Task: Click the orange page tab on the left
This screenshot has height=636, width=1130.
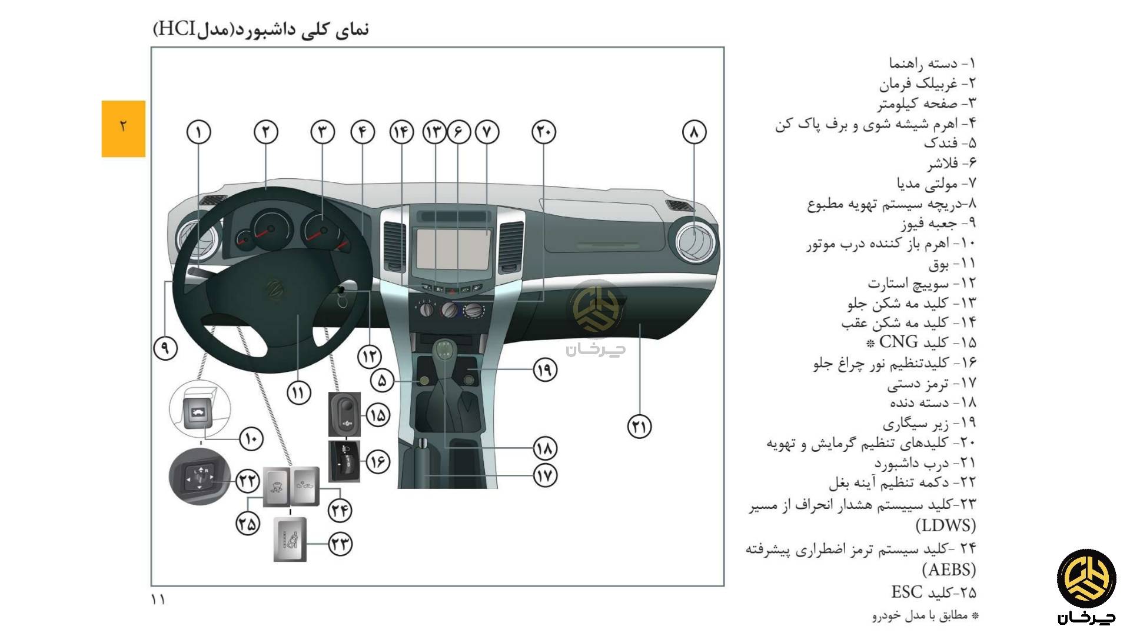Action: (123, 128)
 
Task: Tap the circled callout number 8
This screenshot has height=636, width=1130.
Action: (694, 132)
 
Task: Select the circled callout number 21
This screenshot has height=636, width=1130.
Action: (639, 426)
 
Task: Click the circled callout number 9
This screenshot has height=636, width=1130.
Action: (165, 348)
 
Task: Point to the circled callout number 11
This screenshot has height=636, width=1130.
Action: (298, 392)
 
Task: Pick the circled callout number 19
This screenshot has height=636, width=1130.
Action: (544, 369)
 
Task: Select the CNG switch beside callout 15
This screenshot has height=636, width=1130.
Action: (344, 415)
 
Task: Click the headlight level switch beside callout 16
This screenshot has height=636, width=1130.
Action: (344, 461)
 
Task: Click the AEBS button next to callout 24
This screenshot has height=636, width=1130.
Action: (305, 486)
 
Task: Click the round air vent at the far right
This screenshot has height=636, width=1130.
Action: (695, 240)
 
